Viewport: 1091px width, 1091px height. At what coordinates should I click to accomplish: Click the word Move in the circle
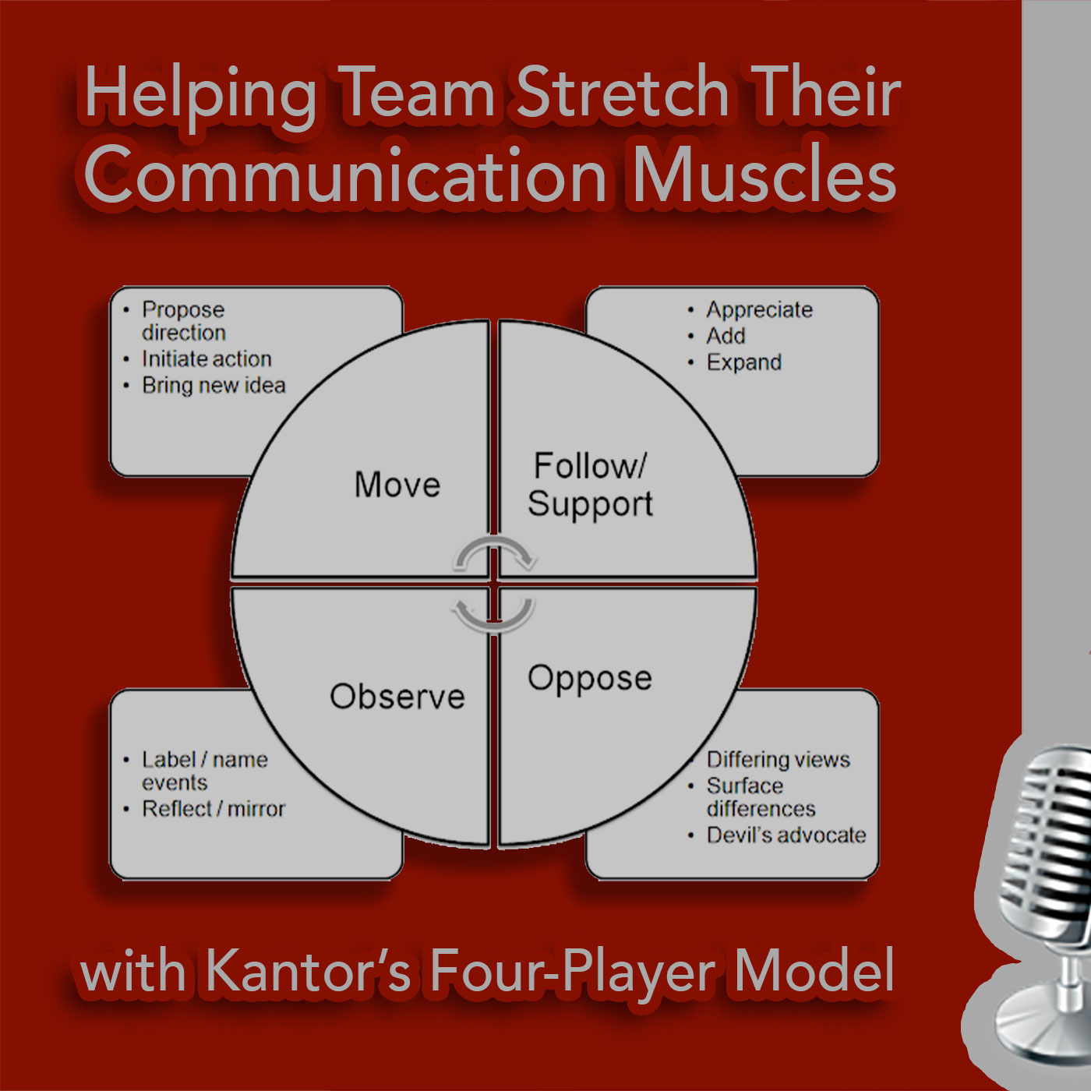[x=397, y=485]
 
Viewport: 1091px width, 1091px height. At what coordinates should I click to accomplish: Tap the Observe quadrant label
[x=397, y=696]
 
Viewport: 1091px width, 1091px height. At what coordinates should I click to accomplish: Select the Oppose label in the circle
[x=590, y=679]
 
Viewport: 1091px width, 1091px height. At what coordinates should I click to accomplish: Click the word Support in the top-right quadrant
[x=590, y=504]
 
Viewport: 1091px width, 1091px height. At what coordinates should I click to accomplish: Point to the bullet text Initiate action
[x=207, y=359]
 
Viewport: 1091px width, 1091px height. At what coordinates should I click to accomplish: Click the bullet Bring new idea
[x=214, y=386]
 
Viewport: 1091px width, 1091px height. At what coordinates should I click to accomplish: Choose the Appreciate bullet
[x=759, y=310]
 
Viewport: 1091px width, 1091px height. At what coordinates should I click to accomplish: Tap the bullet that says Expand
[x=744, y=363]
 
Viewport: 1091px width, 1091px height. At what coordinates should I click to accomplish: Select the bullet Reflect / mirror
[x=214, y=809]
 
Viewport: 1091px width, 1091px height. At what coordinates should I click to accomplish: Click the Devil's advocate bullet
[x=786, y=835]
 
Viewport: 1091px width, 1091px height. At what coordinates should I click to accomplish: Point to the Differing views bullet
[x=779, y=760]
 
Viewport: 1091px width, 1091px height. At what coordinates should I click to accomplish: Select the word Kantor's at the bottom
[x=307, y=972]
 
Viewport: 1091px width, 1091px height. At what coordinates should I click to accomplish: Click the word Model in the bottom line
[x=814, y=970]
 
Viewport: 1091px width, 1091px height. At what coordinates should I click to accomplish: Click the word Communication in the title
[x=345, y=175]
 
